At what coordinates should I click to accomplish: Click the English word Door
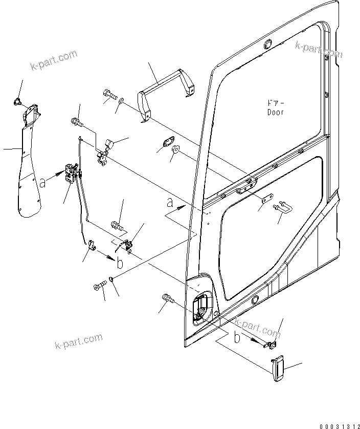click(274, 112)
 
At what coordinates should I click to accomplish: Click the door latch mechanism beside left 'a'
click(73, 175)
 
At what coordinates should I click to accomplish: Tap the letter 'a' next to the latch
click(43, 182)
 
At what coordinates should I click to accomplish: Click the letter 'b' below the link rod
click(119, 263)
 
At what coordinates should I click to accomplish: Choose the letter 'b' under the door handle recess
click(237, 338)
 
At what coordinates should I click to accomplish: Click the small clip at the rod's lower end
click(92, 246)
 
